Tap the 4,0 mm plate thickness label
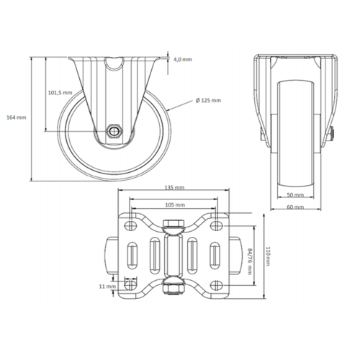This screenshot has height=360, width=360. click(x=183, y=60)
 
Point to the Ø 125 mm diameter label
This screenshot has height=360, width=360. click(x=208, y=100)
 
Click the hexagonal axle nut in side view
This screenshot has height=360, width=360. click(x=114, y=131)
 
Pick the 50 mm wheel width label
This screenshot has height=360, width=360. click(x=294, y=196)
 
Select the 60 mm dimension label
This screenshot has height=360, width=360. click(x=294, y=208)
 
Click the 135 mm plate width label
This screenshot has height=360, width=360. click(x=173, y=187)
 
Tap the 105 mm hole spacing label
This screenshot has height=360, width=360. click(x=173, y=204)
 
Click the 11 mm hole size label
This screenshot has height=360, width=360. click(x=107, y=287)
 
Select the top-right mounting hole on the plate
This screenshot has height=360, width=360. click(x=214, y=225)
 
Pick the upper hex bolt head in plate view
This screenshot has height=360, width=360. click(x=173, y=232)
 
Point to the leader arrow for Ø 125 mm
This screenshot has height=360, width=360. click(x=170, y=108)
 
